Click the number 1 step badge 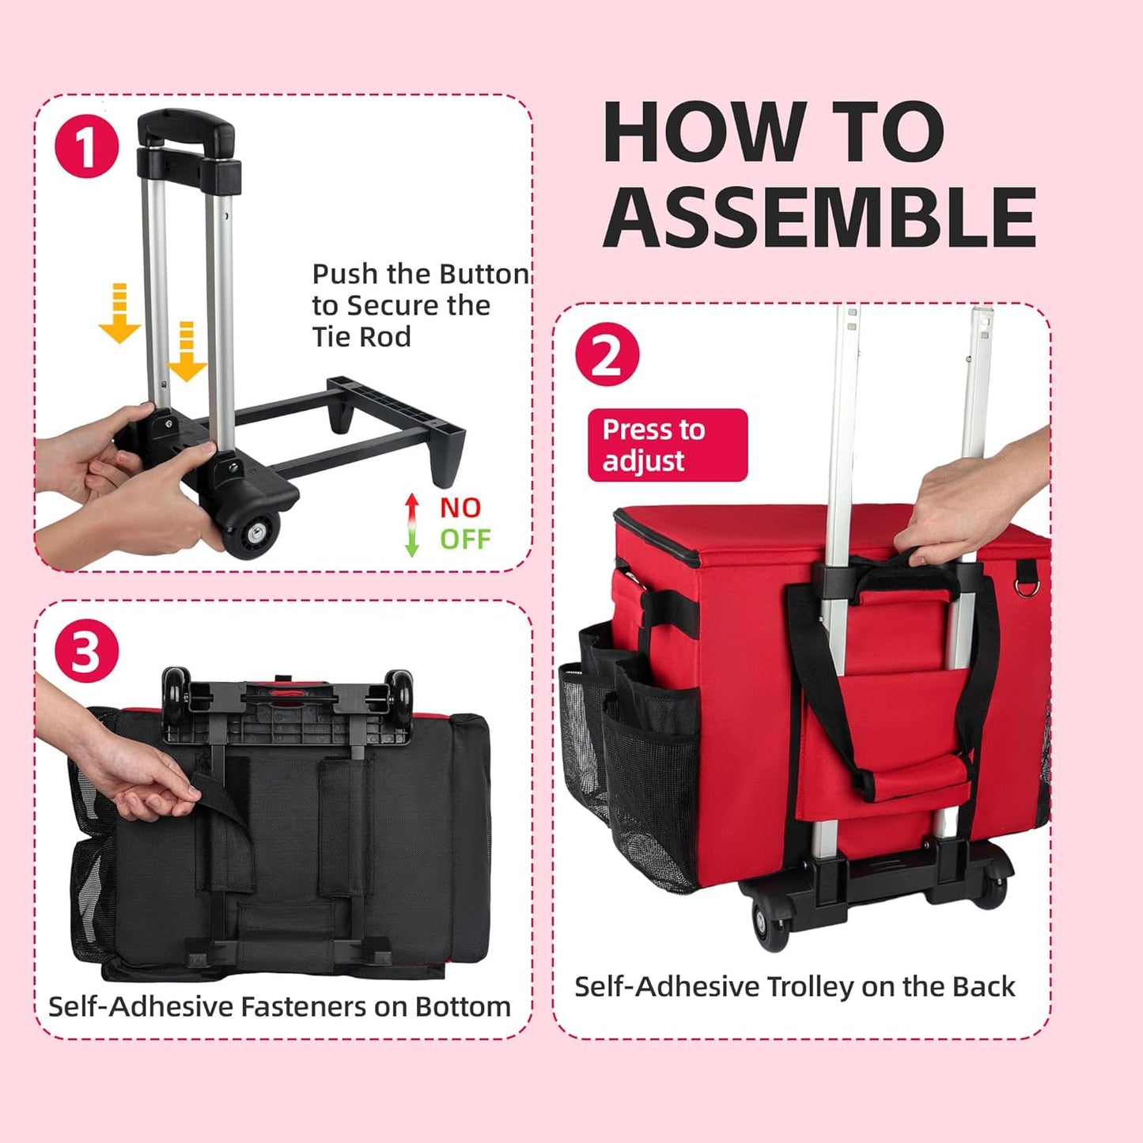pos(86,146)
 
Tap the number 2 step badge pos(607,354)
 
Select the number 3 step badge pos(86,651)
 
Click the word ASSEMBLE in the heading pos(819,217)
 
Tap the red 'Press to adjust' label pos(667,445)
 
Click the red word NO pos(460,508)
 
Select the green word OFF pos(465,539)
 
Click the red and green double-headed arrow pos(411,524)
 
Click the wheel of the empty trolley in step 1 pos(252,532)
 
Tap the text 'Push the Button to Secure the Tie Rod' pos(419,305)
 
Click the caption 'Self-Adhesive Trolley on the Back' pos(794,986)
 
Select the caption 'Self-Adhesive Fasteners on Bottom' pos(279,1006)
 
